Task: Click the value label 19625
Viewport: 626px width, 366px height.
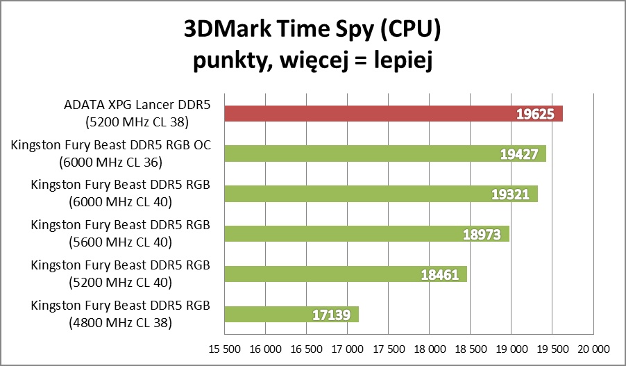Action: point(534,114)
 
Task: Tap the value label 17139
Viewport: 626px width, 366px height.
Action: point(332,315)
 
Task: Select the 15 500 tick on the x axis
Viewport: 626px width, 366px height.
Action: point(224,347)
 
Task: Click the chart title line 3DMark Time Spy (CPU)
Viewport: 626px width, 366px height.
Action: point(312,31)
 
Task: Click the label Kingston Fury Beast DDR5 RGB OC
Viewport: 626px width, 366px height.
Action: point(111,146)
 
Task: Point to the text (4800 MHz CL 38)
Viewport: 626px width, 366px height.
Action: point(121,322)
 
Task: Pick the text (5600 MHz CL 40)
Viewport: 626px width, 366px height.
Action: point(121,242)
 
